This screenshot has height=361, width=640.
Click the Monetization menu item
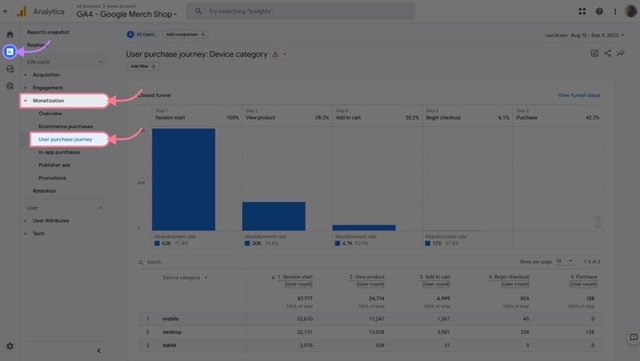(x=49, y=100)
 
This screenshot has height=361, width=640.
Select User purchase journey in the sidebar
(x=65, y=139)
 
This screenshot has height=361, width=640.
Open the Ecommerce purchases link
(x=65, y=126)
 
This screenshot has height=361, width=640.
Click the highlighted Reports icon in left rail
(x=10, y=51)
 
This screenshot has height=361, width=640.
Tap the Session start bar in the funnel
(x=183, y=179)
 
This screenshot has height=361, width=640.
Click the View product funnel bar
(x=274, y=216)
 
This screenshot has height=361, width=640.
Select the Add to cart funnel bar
(x=364, y=227)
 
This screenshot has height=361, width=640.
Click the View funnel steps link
(x=579, y=96)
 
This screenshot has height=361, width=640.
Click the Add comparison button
(x=184, y=34)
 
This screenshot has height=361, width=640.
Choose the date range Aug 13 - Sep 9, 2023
(x=597, y=35)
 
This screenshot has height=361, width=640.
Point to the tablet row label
(x=169, y=345)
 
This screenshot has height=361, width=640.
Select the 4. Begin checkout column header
(x=508, y=277)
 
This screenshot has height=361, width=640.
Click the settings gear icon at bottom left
(x=10, y=346)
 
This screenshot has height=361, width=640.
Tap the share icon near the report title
(x=608, y=53)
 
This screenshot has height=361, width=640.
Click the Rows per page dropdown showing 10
(x=564, y=262)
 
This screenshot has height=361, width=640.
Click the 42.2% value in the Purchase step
(x=592, y=118)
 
